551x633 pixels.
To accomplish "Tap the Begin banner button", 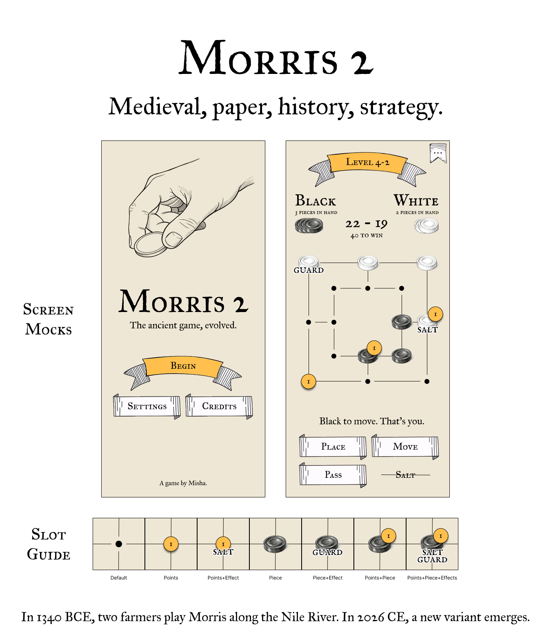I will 183,366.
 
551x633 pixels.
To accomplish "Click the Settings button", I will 147,406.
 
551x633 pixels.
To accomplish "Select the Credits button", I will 219,406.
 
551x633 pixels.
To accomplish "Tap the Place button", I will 333,447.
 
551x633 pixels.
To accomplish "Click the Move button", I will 405,447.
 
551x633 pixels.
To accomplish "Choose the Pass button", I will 333,475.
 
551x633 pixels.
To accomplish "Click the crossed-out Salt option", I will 405,475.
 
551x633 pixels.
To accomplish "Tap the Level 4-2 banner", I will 367,163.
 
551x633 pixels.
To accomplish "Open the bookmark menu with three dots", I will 438,153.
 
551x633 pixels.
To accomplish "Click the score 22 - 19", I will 367,224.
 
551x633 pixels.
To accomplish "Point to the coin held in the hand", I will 150,244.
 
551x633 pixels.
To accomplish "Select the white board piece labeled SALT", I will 427,322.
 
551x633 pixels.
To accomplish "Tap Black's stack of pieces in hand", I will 309,225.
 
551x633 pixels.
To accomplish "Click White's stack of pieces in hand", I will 427,225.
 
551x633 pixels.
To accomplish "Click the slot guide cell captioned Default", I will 119,544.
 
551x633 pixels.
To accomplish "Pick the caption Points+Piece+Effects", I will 432,578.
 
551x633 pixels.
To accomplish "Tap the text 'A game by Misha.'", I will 183,483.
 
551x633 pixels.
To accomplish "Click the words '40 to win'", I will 367,236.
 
